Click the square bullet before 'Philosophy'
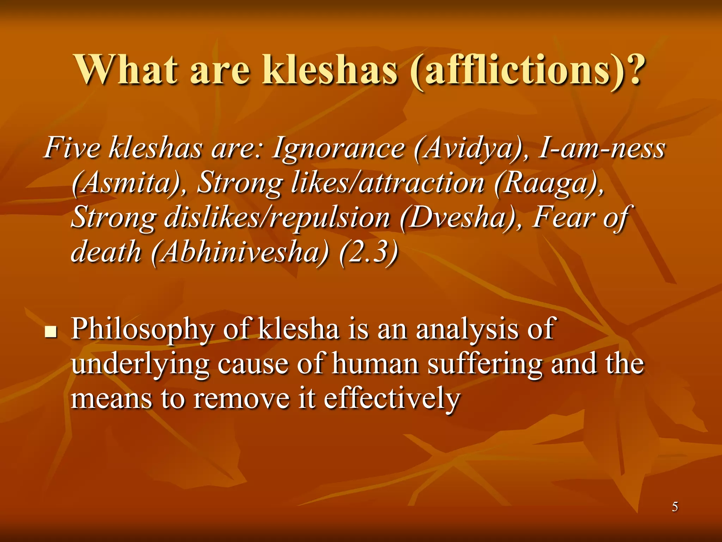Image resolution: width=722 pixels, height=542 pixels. [51, 332]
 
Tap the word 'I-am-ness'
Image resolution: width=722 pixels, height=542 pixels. [601, 148]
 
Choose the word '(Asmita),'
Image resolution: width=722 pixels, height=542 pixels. [129, 183]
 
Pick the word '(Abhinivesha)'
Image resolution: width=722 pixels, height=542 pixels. [240, 252]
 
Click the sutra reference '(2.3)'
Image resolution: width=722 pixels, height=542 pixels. [368, 252]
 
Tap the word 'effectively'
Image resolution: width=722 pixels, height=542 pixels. [392, 399]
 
